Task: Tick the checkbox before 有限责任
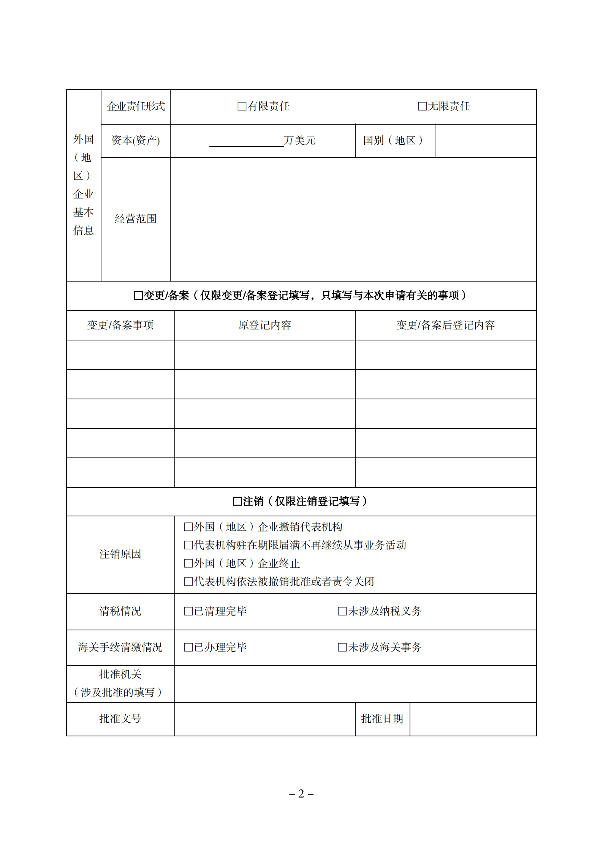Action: [x=242, y=106]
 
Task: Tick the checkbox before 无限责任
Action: [x=422, y=106]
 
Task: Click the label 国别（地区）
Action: [x=393, y=141]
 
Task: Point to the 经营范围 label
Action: [x=136, y=219]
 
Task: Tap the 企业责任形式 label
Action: [x=136, y=106]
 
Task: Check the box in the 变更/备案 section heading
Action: [x=138, y=296]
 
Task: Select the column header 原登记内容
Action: [x=264, y=325]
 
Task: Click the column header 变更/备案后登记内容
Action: [x=445, y=325]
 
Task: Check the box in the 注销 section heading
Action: [x=237, y=502]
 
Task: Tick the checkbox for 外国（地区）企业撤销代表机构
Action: [x=188, y=527]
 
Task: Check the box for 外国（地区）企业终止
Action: [x=188, y=563]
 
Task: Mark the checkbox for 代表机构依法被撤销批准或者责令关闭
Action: [x=188, y=582]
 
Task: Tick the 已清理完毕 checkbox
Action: [x=188, y=611]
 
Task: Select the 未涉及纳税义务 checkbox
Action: [x=342, y=611]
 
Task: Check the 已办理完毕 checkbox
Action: [x=188, y=647]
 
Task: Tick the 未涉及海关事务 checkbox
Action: [x=342, y=647]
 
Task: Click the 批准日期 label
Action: [x=382, y=719]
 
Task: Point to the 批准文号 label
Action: [x=120, y=719]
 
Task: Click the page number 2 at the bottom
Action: [x=301, y=794]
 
